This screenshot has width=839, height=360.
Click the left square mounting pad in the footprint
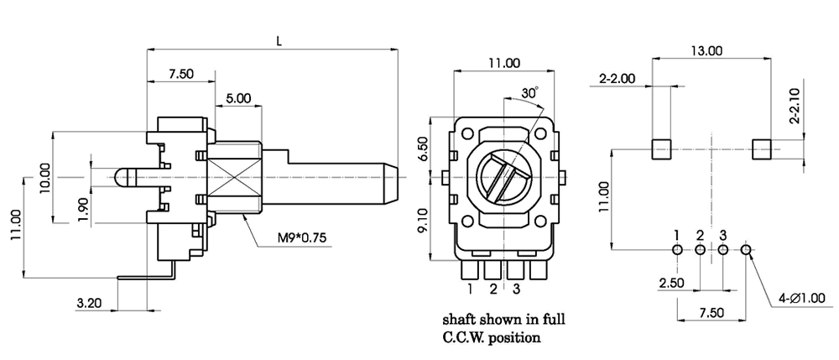point(664,149)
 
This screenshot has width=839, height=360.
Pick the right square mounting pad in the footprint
point(762,149)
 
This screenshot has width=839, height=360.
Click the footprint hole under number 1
point(677,249)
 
